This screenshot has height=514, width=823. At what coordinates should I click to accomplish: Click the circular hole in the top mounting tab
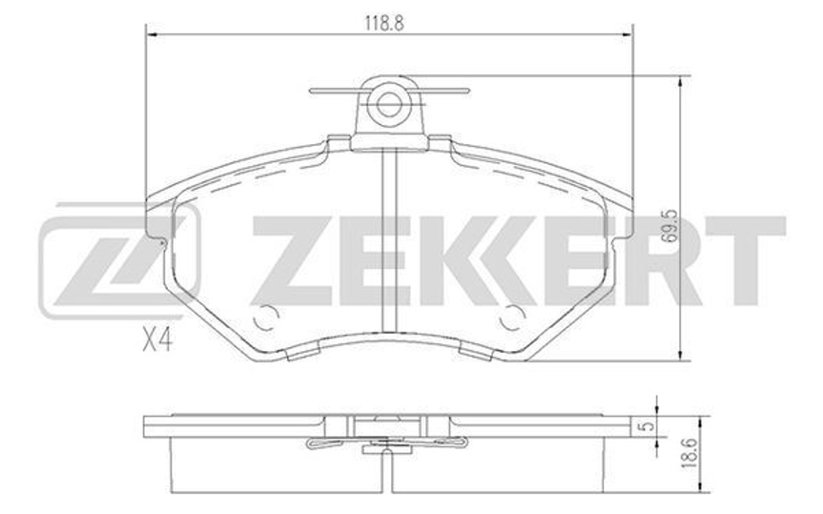[x=388, y=104]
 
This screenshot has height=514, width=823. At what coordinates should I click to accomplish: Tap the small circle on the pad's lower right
[x=513, y=316]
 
